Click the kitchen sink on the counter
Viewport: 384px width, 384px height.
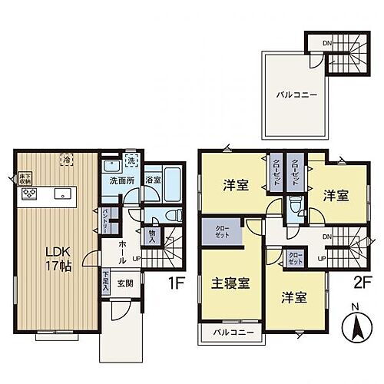pos(62,193)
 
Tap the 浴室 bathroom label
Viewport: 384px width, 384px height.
pos(154,181)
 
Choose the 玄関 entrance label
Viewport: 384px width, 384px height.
pos(125,281)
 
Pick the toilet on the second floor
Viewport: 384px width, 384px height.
pos(294,206)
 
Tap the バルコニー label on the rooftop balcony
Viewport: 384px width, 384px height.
pos(293,97)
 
